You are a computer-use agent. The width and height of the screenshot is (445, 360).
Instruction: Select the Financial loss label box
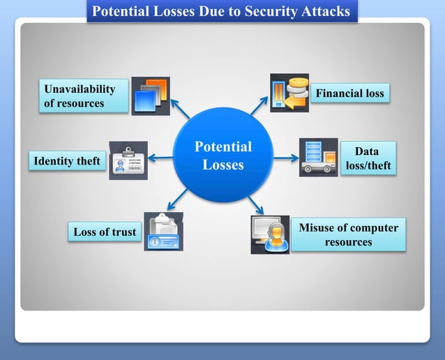coord(349,93)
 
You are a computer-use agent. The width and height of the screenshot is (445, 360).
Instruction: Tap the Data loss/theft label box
coord(368,158)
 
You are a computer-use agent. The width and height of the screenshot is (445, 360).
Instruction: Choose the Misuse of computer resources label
coord(348,235)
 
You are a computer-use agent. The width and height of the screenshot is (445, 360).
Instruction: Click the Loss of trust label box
coord(105,232)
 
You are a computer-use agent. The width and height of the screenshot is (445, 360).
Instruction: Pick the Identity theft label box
coord(67,161)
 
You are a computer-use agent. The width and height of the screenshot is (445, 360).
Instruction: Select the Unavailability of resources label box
coord(84,96)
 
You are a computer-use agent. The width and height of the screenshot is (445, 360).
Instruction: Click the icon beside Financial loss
coord(289,93)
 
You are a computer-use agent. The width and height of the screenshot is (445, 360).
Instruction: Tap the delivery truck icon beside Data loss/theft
coord(318,157)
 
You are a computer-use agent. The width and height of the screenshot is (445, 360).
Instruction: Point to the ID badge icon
coord(128,160)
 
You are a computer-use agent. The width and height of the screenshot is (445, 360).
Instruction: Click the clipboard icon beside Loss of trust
coord(163,231)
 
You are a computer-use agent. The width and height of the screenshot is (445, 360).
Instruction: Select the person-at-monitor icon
coord(270,234)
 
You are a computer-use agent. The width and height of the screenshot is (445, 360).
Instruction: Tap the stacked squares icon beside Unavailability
coord(151,96)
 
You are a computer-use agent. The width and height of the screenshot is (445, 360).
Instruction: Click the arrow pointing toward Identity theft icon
coord(161,158)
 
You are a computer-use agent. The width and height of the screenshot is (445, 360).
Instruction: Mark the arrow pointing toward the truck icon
coord(285,158)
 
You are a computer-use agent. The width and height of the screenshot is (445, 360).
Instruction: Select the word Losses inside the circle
coord(223,165)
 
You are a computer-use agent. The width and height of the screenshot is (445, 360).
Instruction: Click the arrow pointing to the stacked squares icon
coord(181,109)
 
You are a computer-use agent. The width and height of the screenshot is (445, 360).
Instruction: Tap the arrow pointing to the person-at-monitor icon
coord(255,205)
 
